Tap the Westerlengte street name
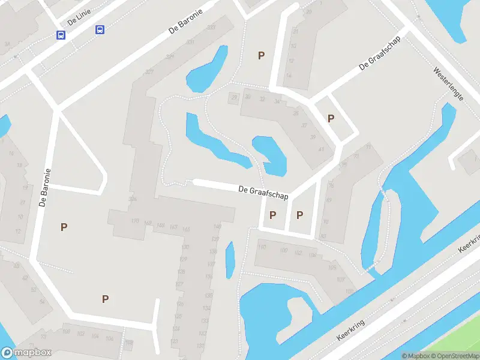[x=449, y=83]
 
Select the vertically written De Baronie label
[x=44, y=187]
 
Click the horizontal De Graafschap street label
[x=263, y=193]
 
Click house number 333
[x=211, y=28]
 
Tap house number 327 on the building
[x=149, y=72]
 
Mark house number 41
[x=322, y=149]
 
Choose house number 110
[x=261, y=247]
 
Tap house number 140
[x=217, y=227]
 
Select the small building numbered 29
[x=234, y=97]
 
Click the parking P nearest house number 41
[x=330, y=118]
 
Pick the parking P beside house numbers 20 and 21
[x=261, y=55]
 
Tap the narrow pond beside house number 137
[x=230, y=260]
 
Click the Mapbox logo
[x=26, y=353]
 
